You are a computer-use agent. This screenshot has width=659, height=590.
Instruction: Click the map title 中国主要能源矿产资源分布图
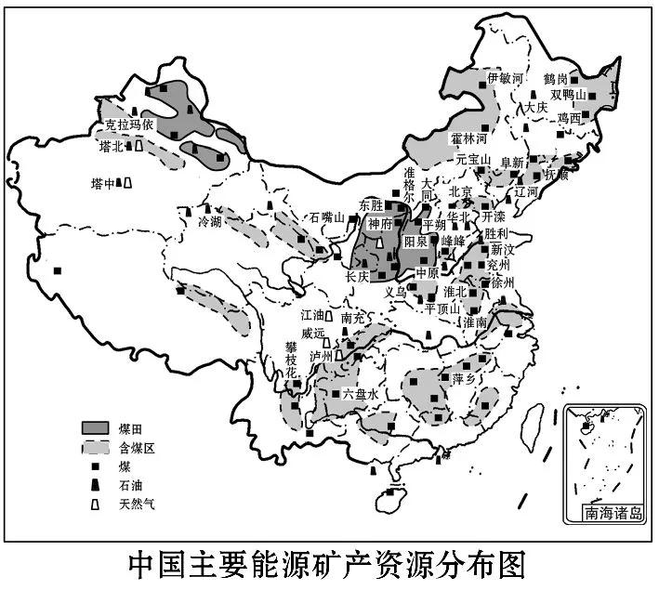point(329,563)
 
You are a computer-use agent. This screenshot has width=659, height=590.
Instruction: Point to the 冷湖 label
point(210,223)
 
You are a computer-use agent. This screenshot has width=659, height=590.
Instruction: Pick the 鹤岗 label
point(582,79)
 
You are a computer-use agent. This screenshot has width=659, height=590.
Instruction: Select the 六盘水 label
point(361,394)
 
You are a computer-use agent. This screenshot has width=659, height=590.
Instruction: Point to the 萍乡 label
point(465,379)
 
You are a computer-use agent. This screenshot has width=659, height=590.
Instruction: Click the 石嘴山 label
point(327,217)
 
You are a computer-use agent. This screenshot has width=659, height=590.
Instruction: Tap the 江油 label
point(313,316)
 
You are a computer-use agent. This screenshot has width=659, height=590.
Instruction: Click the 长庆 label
point(358,277)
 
